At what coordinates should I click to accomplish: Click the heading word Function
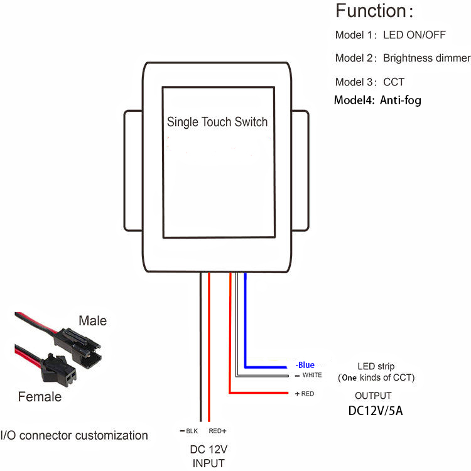click(x=371, y=11)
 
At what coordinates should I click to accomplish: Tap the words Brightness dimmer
click(x=426, y=58)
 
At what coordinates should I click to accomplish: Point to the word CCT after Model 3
click(x=393, y=82)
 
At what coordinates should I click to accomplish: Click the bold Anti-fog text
click(x=400, y=100)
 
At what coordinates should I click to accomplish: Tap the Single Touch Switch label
click(x=217, y=122)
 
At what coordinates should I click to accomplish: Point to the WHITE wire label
click(x=311, y=375)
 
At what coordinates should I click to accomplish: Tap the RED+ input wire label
click(x=217, y=431)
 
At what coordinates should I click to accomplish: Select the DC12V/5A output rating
click(x=376, y=411)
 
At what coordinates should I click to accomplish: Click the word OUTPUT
click(x=373, y=396)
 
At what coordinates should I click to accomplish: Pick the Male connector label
click(x=92, y=321)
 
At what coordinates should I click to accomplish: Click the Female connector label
click(x=40, y=397)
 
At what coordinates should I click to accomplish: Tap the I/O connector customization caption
click(x=74, y=435)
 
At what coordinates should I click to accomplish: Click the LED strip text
click(x=376, y=366)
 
